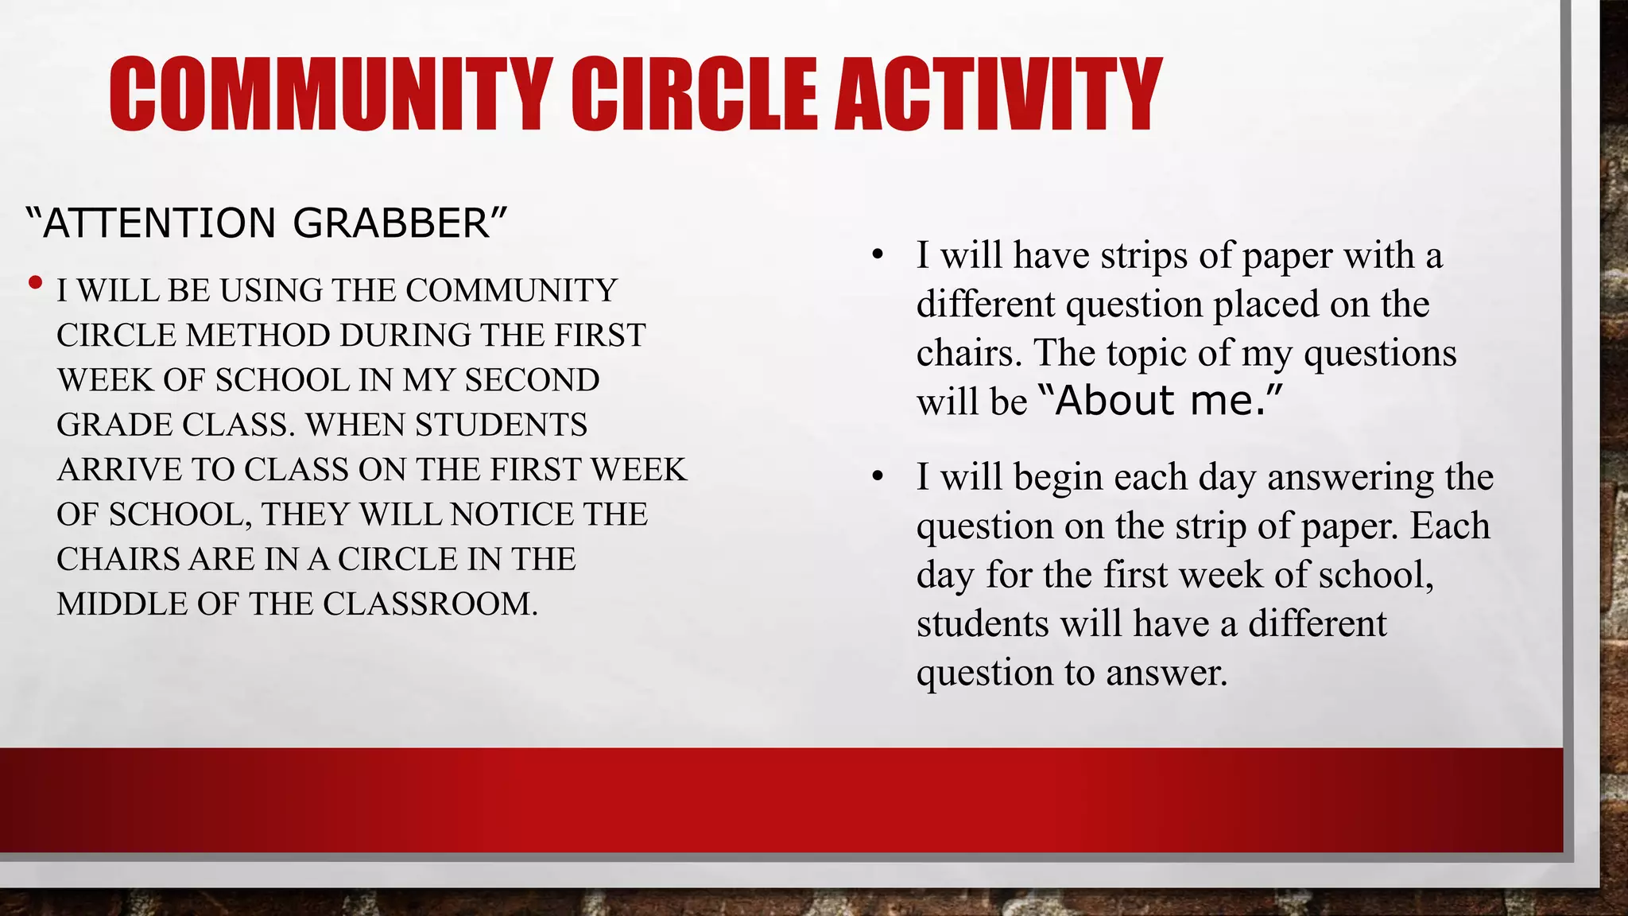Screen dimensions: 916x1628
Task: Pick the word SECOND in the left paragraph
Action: coord(532,380)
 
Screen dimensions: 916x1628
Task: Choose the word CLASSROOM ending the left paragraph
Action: coord(429,604)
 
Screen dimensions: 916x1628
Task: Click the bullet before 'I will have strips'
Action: coord(878,256)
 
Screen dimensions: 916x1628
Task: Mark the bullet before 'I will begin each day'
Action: coord(878,478)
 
